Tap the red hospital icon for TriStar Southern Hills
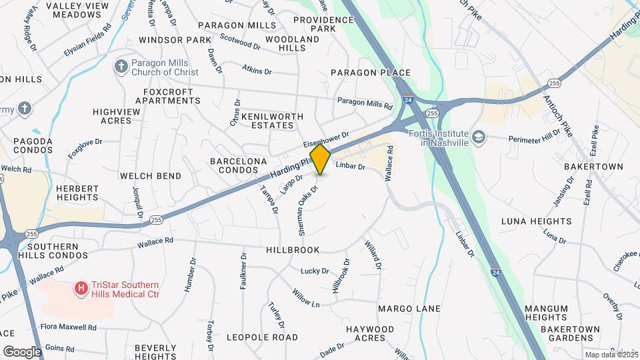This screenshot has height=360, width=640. point(81,288)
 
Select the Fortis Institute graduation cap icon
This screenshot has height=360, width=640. point(478,137)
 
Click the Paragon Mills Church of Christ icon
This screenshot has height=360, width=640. point(121,66)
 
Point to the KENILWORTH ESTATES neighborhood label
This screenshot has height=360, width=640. point(267,120)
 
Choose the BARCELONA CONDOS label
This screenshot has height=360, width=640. point(239,166)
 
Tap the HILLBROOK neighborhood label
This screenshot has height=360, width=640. point(293,249)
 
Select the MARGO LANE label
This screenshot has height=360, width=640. point(409,309)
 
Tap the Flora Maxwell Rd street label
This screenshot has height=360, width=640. point(69,327)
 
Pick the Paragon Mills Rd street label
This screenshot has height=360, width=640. point(365,103)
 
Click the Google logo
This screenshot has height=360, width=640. point(21,351)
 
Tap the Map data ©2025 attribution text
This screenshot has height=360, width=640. point(611,355)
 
